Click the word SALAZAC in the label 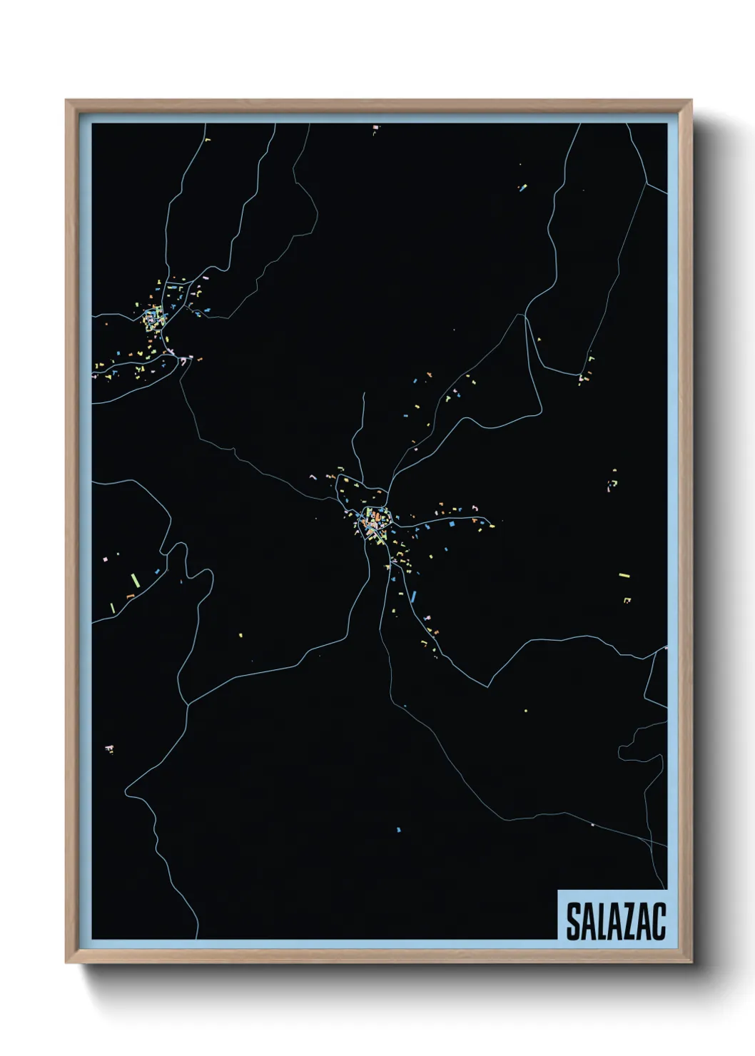point(615,921)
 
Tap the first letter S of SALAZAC point(573,921)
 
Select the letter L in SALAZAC point(602,921)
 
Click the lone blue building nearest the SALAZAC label point(398,830)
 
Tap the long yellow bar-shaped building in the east point(624,575)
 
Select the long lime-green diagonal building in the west point(133,579)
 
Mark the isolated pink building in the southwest point(109,748)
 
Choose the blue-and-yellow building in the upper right point(522,188)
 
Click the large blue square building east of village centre point(450,523)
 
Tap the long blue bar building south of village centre point(413,596)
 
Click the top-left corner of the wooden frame point(66,101)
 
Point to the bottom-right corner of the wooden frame point(691,963)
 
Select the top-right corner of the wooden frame point(691,101)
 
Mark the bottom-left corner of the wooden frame point(66,963)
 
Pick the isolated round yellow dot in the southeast point(526,711)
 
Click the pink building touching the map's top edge point(375,128)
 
